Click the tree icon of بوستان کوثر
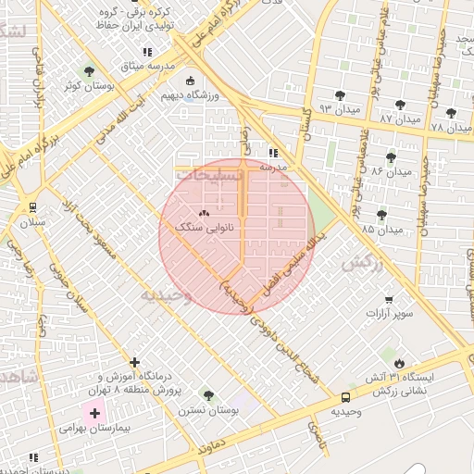pyautogui.click(x=89, y=71)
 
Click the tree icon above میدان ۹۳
pyautogui.click(x=341, y=94)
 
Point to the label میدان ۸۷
pyautogui.click(x=399, y=120)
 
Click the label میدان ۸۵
pyautogui.click(x=382, y=228)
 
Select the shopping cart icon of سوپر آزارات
pyautogui.click(x=389, y=299)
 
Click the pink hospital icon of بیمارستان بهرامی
pyautogui.click(x=94, y=412)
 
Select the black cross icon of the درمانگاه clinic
pyautogui.click(x=135, y=362)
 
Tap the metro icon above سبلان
pyautogui.click(x=33, y=207)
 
